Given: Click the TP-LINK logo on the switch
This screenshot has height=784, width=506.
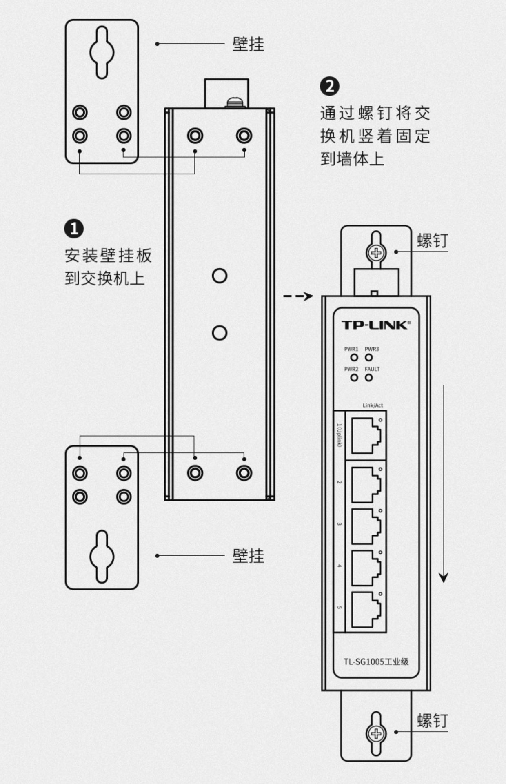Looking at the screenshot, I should pos(376,325).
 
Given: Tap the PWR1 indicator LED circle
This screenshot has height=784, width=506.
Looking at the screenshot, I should pos(354,358).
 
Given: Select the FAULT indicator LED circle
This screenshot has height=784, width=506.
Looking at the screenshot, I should pos(369,378).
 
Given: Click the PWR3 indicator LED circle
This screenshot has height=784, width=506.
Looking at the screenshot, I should pos(369,358).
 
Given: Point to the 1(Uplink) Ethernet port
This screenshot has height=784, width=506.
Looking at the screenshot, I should pos(366,436).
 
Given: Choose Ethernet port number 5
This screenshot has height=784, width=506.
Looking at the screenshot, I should pos(366,609).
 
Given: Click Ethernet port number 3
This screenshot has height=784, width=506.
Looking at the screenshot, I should pos(366,526).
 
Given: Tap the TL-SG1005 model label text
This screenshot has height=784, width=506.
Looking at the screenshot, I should pos(376,661).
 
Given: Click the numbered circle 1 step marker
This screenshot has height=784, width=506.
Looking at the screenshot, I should pos(74,229).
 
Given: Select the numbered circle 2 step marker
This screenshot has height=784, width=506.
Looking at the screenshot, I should pos(329,87).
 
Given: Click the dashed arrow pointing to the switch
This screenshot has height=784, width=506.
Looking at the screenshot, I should pos(298,296).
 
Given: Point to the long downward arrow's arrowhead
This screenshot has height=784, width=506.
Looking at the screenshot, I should pos(444,577).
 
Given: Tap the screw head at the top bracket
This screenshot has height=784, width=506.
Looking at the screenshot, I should pos(376,253).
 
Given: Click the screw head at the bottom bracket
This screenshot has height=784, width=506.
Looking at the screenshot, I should pos(376,734).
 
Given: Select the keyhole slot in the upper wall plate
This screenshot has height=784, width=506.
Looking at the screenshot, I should pos(102,52).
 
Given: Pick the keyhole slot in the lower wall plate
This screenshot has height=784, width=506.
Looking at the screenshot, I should pos(102,556).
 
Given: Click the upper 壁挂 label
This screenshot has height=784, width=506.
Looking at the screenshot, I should pos(248,44).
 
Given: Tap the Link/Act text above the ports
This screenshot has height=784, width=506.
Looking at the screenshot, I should pos(373,405).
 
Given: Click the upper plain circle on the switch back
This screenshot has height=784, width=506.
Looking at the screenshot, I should pos(220,276).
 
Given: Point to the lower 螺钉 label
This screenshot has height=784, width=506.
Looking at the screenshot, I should pos(432,721).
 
